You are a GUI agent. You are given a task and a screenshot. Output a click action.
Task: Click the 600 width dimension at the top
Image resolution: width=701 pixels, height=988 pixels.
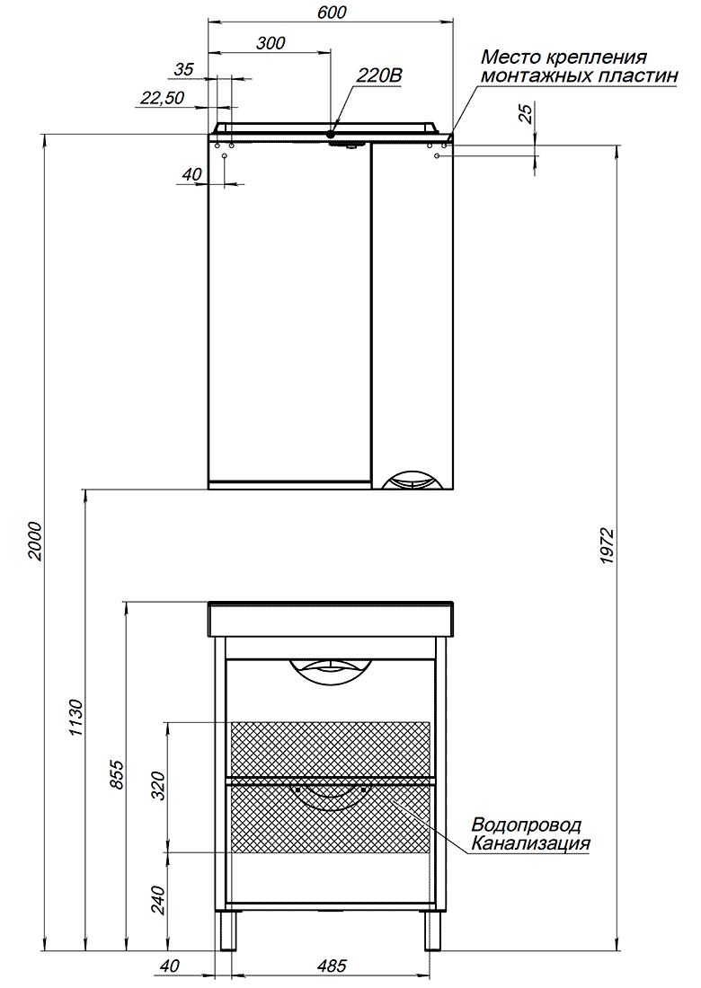[x=332, y=12]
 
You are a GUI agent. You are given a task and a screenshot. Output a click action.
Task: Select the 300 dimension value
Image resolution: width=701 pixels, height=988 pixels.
[x=271, y=43]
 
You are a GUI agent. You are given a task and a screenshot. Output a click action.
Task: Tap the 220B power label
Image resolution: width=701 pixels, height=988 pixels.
[x=379, y=75]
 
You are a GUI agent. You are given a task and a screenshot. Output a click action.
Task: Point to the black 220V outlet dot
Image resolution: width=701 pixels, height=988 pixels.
[x=331, y=134]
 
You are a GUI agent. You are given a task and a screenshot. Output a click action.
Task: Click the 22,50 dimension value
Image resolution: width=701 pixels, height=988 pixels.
[x=162, y=98]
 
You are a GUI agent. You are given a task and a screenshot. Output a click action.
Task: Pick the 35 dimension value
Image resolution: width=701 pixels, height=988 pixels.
[x=183, y=69]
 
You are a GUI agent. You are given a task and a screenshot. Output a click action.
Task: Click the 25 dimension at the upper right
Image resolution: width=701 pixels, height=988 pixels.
[x=525, y=113]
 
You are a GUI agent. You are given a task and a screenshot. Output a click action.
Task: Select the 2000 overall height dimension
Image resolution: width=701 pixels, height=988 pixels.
[x=35, y=541]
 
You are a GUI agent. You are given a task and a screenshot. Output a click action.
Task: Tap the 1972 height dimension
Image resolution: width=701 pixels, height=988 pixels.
[x=607, y=545]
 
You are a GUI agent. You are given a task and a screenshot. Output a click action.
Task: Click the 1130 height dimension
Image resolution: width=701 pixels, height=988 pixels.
[x=75, y=717]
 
